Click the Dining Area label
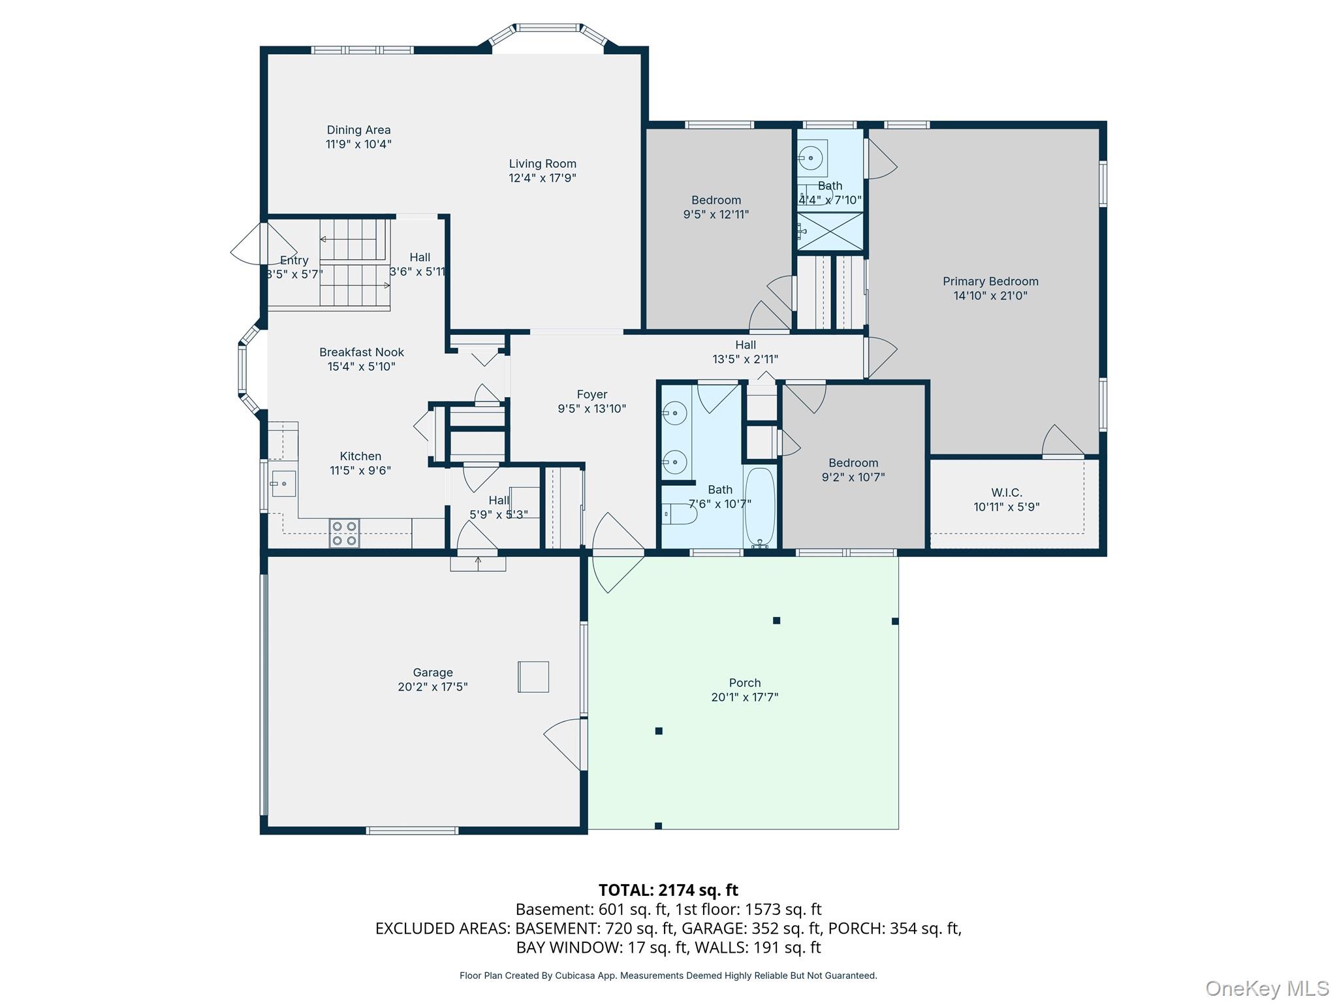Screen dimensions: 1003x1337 point(358,130)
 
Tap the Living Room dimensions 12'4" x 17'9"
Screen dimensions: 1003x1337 point(543,178)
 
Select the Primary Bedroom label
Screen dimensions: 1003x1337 point(990,281)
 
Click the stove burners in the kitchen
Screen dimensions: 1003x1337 point(344,533)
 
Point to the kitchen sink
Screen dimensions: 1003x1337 point(283,484)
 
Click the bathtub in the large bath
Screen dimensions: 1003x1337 point(760,507)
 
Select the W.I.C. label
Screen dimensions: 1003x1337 point(1006,492)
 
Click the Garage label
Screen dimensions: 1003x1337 point(432,673)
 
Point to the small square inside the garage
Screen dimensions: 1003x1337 point(533,677)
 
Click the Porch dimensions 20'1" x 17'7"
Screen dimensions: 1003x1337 point(744,697)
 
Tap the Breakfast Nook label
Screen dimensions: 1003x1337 point(362,353)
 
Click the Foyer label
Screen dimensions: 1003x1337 point(591,394)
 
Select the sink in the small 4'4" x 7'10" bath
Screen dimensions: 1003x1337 point(811,157)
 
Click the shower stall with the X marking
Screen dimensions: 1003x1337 point(830,231)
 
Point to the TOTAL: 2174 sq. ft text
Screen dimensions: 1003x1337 point(668,890)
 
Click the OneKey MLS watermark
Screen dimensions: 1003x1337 point(1266,988)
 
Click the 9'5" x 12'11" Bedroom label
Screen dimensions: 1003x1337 point(716,200)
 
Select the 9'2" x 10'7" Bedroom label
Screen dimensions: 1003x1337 point(853,463)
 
